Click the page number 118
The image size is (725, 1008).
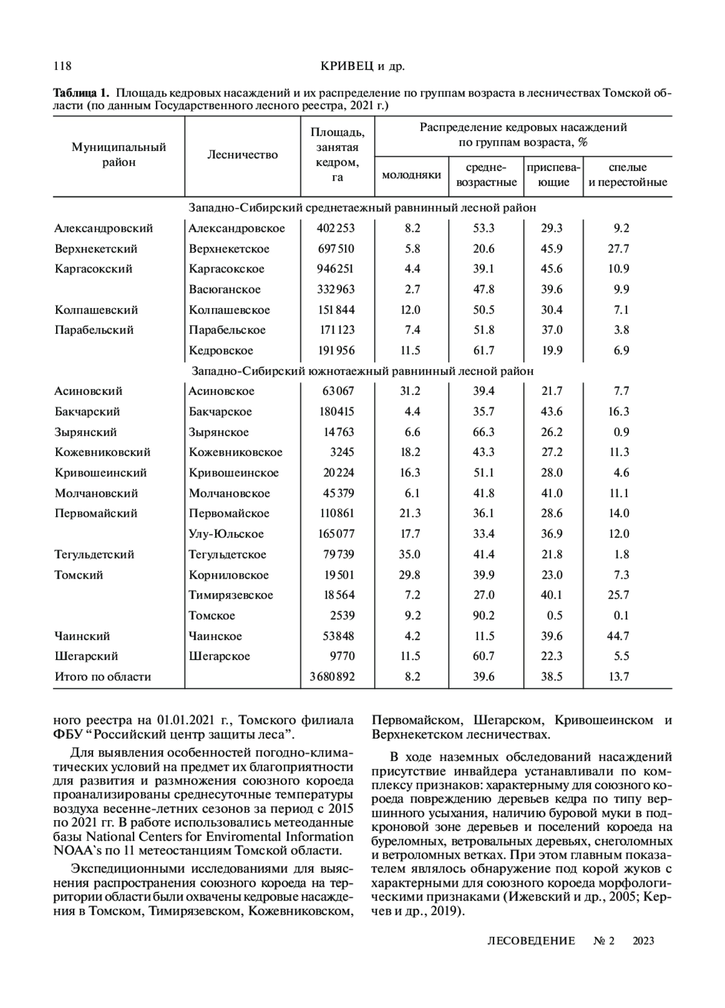[63, 66]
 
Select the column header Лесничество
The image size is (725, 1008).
[242, 155]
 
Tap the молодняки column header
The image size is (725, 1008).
[411, 175]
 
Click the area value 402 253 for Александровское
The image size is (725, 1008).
[336, 228]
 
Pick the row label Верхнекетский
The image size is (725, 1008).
[96, 249]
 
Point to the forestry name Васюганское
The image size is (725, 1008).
[224, 289]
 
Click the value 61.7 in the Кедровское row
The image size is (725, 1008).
[483, 350]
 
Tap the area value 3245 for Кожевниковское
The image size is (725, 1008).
[342, 452]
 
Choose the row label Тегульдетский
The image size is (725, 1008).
[94, 554]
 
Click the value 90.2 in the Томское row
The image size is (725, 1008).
[483, 615]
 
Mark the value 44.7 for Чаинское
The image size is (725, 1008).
[618, 636]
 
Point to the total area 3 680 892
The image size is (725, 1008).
[332, 677]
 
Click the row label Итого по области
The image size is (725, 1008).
[103, 677]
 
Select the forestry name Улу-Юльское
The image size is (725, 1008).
[226, 534]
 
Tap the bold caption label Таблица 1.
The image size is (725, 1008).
[82, 94]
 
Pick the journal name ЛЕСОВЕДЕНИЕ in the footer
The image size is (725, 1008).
[530, 941]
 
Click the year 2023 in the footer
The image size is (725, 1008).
[643, 941]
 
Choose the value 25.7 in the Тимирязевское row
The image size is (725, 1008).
[618, 595]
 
